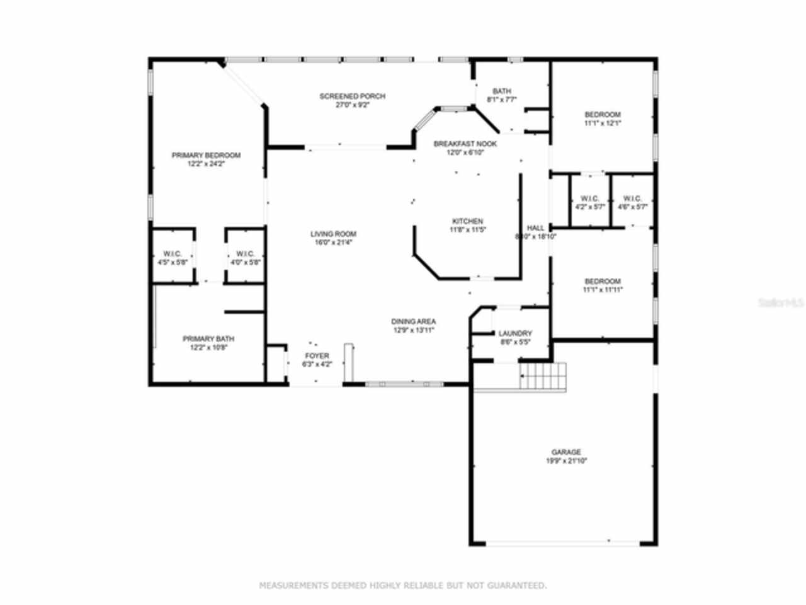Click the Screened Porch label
[352, 96]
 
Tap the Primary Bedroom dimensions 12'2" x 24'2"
[206, 164]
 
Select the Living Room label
[333, 234]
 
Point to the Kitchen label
[467, 221]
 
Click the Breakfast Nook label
[465, 144]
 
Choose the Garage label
[566, 452]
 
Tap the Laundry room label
[515, 333]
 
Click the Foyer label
[317, 356]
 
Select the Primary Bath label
[208, 338]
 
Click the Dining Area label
[413, 321]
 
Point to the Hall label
[535, 228]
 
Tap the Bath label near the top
[502, 91]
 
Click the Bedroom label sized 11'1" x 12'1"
[602, 115]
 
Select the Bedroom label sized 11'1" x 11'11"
[602, 282]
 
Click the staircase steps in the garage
[543, 376]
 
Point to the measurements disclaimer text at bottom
[403, 585]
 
